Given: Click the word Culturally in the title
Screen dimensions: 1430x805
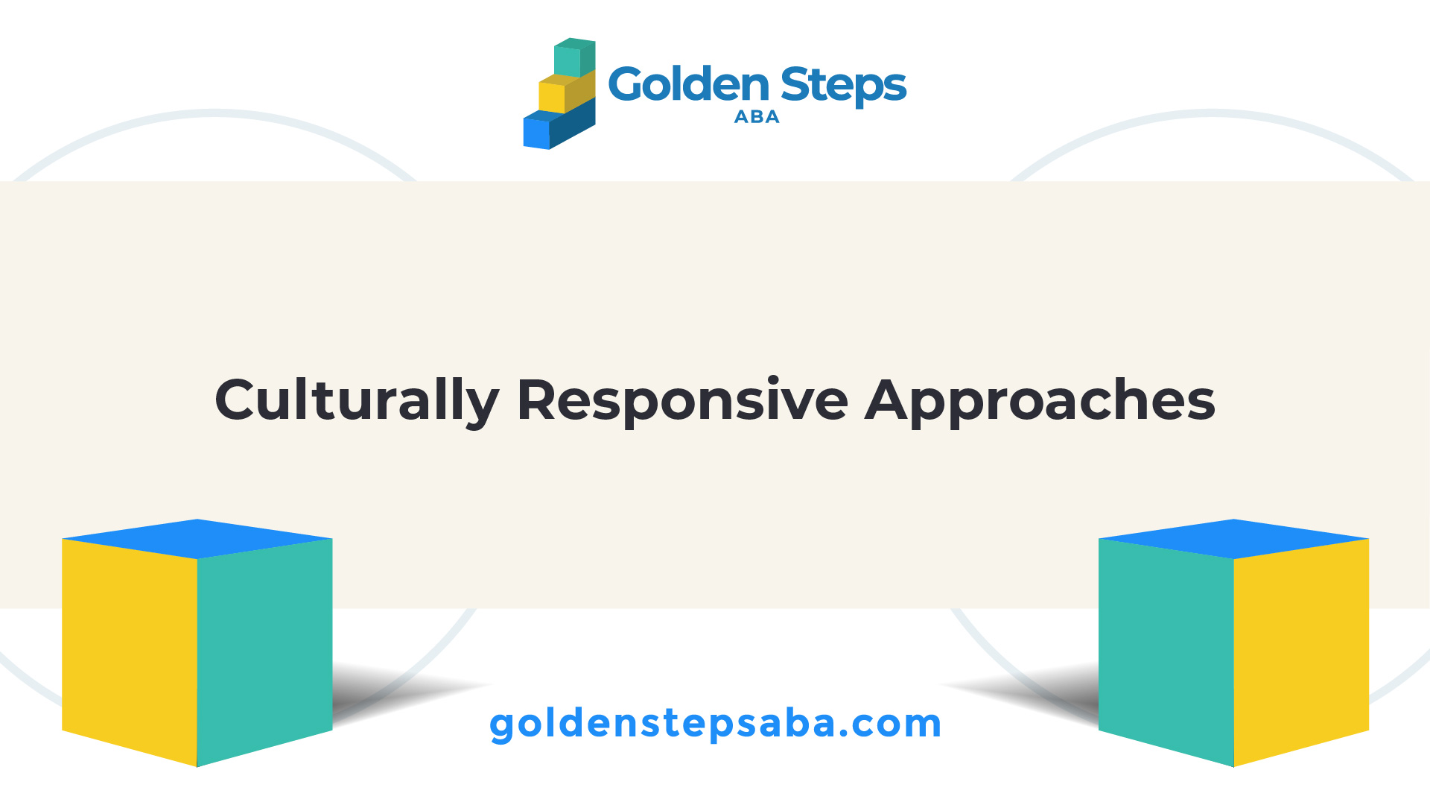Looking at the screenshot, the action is click(357, 401).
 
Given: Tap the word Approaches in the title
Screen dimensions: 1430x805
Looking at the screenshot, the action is click(1040, 401).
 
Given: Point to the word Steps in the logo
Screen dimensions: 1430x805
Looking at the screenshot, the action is click(844, 86).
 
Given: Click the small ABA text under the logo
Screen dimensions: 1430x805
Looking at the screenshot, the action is click(757, 117).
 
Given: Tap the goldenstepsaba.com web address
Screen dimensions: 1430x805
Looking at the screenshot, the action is click(715, 724).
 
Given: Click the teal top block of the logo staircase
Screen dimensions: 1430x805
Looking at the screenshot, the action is click(574, 58).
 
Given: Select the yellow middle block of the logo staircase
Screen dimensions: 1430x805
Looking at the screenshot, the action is click(567, 92).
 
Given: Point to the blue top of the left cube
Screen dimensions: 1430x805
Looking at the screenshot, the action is click(197, 539).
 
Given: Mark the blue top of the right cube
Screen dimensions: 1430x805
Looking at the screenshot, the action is click(1234, 539).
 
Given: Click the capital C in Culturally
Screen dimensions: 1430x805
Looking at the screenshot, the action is click(237, 400).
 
